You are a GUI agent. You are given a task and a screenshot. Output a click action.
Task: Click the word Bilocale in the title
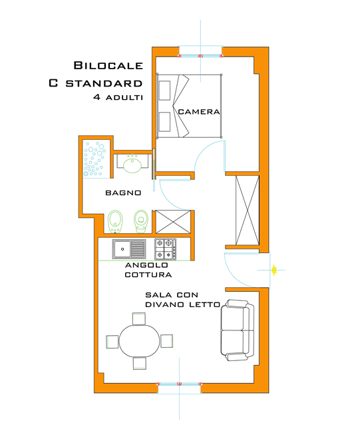pos(108,66)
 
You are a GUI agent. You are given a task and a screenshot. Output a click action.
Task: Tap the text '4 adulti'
pos(119,98)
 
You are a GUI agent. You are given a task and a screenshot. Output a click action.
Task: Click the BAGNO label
pos(123,193)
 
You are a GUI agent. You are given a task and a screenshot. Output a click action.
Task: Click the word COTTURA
pos(151,274)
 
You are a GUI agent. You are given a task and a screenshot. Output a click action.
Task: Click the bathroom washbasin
pos(132,164)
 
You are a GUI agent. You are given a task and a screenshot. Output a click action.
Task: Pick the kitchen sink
pos(129,249)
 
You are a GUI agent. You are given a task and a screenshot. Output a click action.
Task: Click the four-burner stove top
pos(165,249)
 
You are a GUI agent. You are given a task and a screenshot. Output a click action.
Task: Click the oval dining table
pos(139,341)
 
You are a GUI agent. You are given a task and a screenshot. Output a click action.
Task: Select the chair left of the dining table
pos(112,341)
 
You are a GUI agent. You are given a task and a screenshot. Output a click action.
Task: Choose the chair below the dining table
pos(139,363)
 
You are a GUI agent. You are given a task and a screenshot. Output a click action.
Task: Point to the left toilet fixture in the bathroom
pos(116,219)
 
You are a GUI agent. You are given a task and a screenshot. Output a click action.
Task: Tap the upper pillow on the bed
pos(164,90)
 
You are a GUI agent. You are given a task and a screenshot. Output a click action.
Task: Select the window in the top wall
pos(200,51)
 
